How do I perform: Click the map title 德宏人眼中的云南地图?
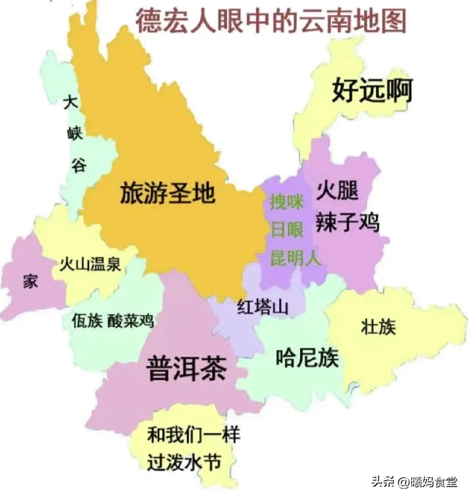point(271,21)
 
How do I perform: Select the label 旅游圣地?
point(168,192)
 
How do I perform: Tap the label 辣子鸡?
point(348,220)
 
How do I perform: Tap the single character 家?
point(31,282)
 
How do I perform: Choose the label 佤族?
point(87,321)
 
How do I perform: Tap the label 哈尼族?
point(307,358)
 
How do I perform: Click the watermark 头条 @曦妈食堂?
point(414,482)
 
